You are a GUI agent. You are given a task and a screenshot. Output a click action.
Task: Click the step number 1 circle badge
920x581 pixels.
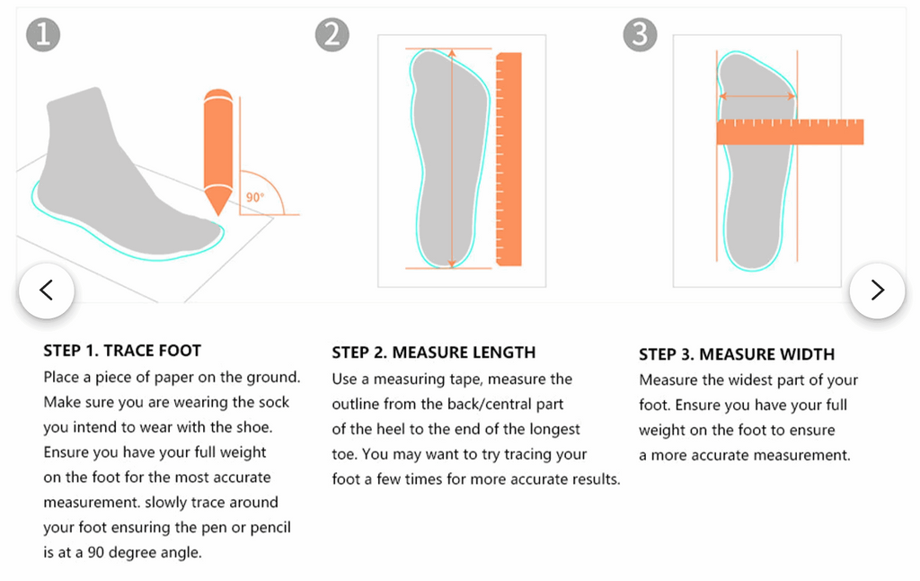(x=43, y=35)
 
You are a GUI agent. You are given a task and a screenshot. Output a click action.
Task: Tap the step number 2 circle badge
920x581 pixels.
(x=332, y=35)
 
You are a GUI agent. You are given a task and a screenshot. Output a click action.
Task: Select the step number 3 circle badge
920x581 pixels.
(x=640, y=35)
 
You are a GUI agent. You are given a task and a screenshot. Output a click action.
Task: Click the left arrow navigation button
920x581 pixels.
(x=46, y=290)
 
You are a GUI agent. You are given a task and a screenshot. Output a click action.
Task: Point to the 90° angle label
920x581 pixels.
(x=255, y=197)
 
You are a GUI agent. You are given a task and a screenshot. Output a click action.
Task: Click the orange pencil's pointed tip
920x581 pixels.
(x=217, y=209)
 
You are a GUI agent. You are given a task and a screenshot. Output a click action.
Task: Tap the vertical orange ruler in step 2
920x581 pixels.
(x=509, y=159)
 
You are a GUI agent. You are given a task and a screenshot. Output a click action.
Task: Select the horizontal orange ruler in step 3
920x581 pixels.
(x=790, y=132)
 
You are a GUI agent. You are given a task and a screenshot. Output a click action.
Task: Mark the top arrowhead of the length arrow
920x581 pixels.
(x=451, y=53)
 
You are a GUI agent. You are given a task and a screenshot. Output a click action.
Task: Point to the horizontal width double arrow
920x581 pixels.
(x=756, y=96)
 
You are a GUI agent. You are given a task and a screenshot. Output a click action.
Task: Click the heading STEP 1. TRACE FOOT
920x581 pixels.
(x=122, y=351)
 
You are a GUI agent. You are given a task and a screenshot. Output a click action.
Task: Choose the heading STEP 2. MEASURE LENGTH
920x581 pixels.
(x=433, y=353)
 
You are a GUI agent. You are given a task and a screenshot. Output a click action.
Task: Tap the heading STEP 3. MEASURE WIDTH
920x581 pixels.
(x=737, y=354)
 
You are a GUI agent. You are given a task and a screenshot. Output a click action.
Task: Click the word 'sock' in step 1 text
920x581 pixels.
(x=271, y=402)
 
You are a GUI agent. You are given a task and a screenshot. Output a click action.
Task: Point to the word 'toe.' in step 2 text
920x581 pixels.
(x=346, y=455)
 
